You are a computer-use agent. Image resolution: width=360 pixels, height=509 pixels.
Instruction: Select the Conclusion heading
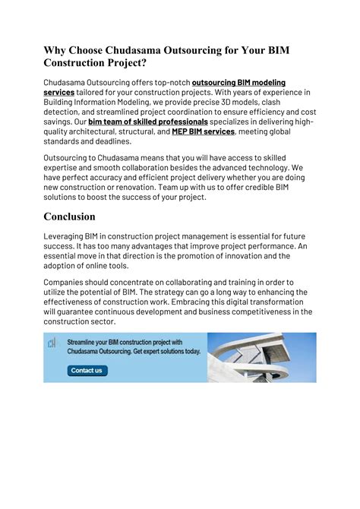click(x=79, y=217)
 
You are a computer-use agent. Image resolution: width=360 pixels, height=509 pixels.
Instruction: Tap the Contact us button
click(x=87, y=371)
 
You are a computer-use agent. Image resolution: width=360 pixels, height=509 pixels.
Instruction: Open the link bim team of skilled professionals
click(x=148, y=121)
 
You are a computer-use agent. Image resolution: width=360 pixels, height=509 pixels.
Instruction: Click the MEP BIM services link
click(x=203, y=131)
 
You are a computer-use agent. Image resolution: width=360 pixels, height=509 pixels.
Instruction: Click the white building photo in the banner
click(x=263, y=357)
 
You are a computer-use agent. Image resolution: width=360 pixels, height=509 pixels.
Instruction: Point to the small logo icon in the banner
click(x=52, y=343)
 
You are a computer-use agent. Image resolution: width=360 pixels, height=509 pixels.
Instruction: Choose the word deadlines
click(x=111, y=141)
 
